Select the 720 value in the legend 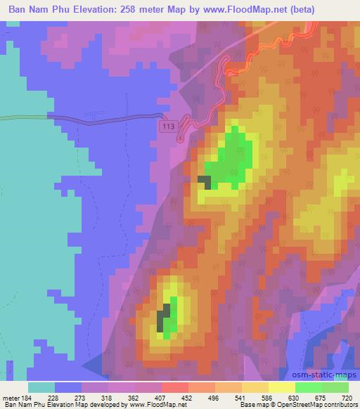click(x=345, y=398)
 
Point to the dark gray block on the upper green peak click(x=205, y=182)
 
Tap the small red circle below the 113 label click(x=180, y=138)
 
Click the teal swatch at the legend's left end click(x=41, y=387)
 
